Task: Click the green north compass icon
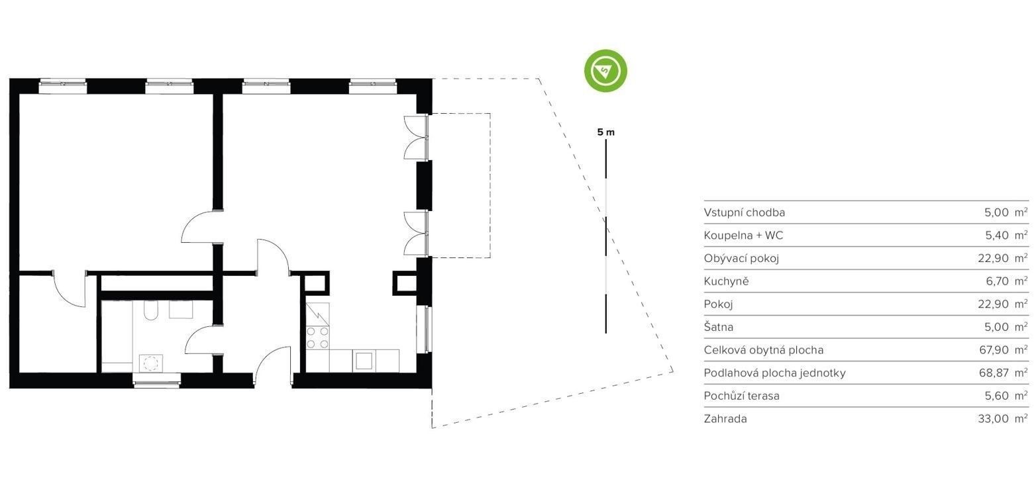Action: (x=605, y=71)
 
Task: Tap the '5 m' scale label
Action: (x=606, y=132)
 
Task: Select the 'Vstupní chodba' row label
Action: (x=744, y=212)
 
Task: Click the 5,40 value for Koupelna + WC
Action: (x=997, y=235)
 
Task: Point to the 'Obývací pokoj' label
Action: (x=741, y=258)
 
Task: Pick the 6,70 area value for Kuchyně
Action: (x=997, y=281)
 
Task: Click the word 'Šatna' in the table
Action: (x=718, y=326)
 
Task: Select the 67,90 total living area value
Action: (x=994, y=349)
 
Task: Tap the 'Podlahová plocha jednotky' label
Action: (x=775, y=373)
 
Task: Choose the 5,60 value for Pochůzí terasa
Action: (x=997, y=396)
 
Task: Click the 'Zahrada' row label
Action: (x=725, y=419)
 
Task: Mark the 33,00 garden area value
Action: (x=994, y=419)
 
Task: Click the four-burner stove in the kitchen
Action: (x=318, y=338)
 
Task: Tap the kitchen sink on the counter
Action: (x=364, y=361)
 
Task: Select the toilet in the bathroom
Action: (x=151, y=310)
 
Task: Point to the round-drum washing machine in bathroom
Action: (x=151, y=363)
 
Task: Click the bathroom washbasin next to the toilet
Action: (x=181, y=310)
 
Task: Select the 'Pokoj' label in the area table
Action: (x=718, y=304)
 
